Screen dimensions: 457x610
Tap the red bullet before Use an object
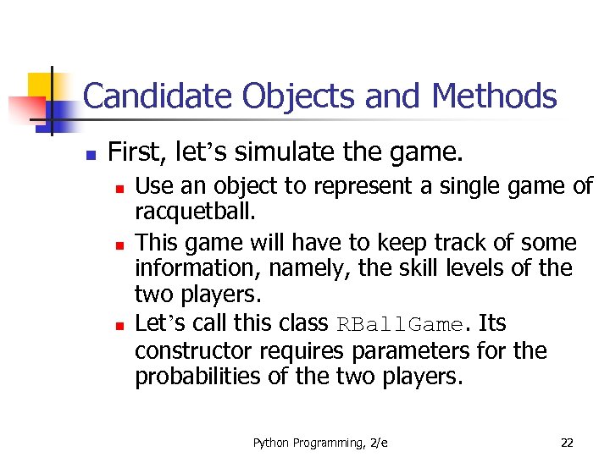(x=120, y=188)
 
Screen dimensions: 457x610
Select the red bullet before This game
(x=120, y=245)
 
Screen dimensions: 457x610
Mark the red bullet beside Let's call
(x=120, y=325)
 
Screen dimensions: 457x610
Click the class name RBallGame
(x=401, y=325)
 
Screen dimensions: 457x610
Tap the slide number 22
(x=567, y=443)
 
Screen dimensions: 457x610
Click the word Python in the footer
(x=270, y=443)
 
